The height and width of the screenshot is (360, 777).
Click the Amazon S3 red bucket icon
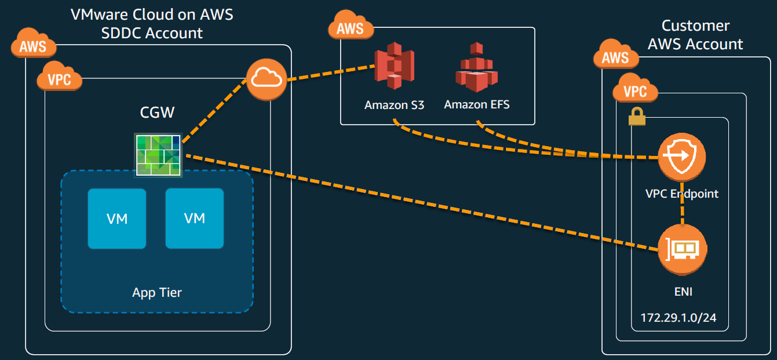(x=394, y=66)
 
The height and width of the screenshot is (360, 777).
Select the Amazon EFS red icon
(x=476, y=67)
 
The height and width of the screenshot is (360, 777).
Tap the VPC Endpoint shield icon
(x=681, y=157)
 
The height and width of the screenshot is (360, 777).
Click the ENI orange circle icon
(x=681, y=250)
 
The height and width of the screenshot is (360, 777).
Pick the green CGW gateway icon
(x=158, y=154)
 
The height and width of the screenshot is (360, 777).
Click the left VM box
(x=117, y=218)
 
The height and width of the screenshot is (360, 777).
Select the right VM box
(x=195, y=218)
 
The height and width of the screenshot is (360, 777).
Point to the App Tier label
(x=156, y=292)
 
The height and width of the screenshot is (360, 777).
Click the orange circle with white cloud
(x=267, y=79)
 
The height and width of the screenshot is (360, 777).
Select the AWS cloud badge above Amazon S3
(x=350, y=27)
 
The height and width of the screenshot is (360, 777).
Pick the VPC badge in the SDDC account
(x=59, y=79)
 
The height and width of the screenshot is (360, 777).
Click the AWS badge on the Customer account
(x=615, y=57)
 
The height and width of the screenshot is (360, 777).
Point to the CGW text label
(x=157, y=112)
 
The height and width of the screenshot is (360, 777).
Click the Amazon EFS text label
(x=477, y=105)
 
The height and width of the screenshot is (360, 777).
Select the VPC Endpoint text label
(x=681, y=194)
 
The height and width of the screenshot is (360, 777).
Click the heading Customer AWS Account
(x=695, y=35)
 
